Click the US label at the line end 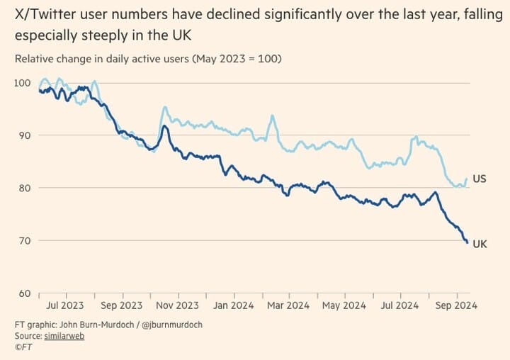480,179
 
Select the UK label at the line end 480,244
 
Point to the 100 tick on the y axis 22,83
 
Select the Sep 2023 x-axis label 123,305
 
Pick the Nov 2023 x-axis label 177,305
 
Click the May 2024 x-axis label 344,305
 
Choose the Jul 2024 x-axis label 399,305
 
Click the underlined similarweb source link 64,336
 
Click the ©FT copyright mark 23,347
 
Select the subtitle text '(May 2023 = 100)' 237,58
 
